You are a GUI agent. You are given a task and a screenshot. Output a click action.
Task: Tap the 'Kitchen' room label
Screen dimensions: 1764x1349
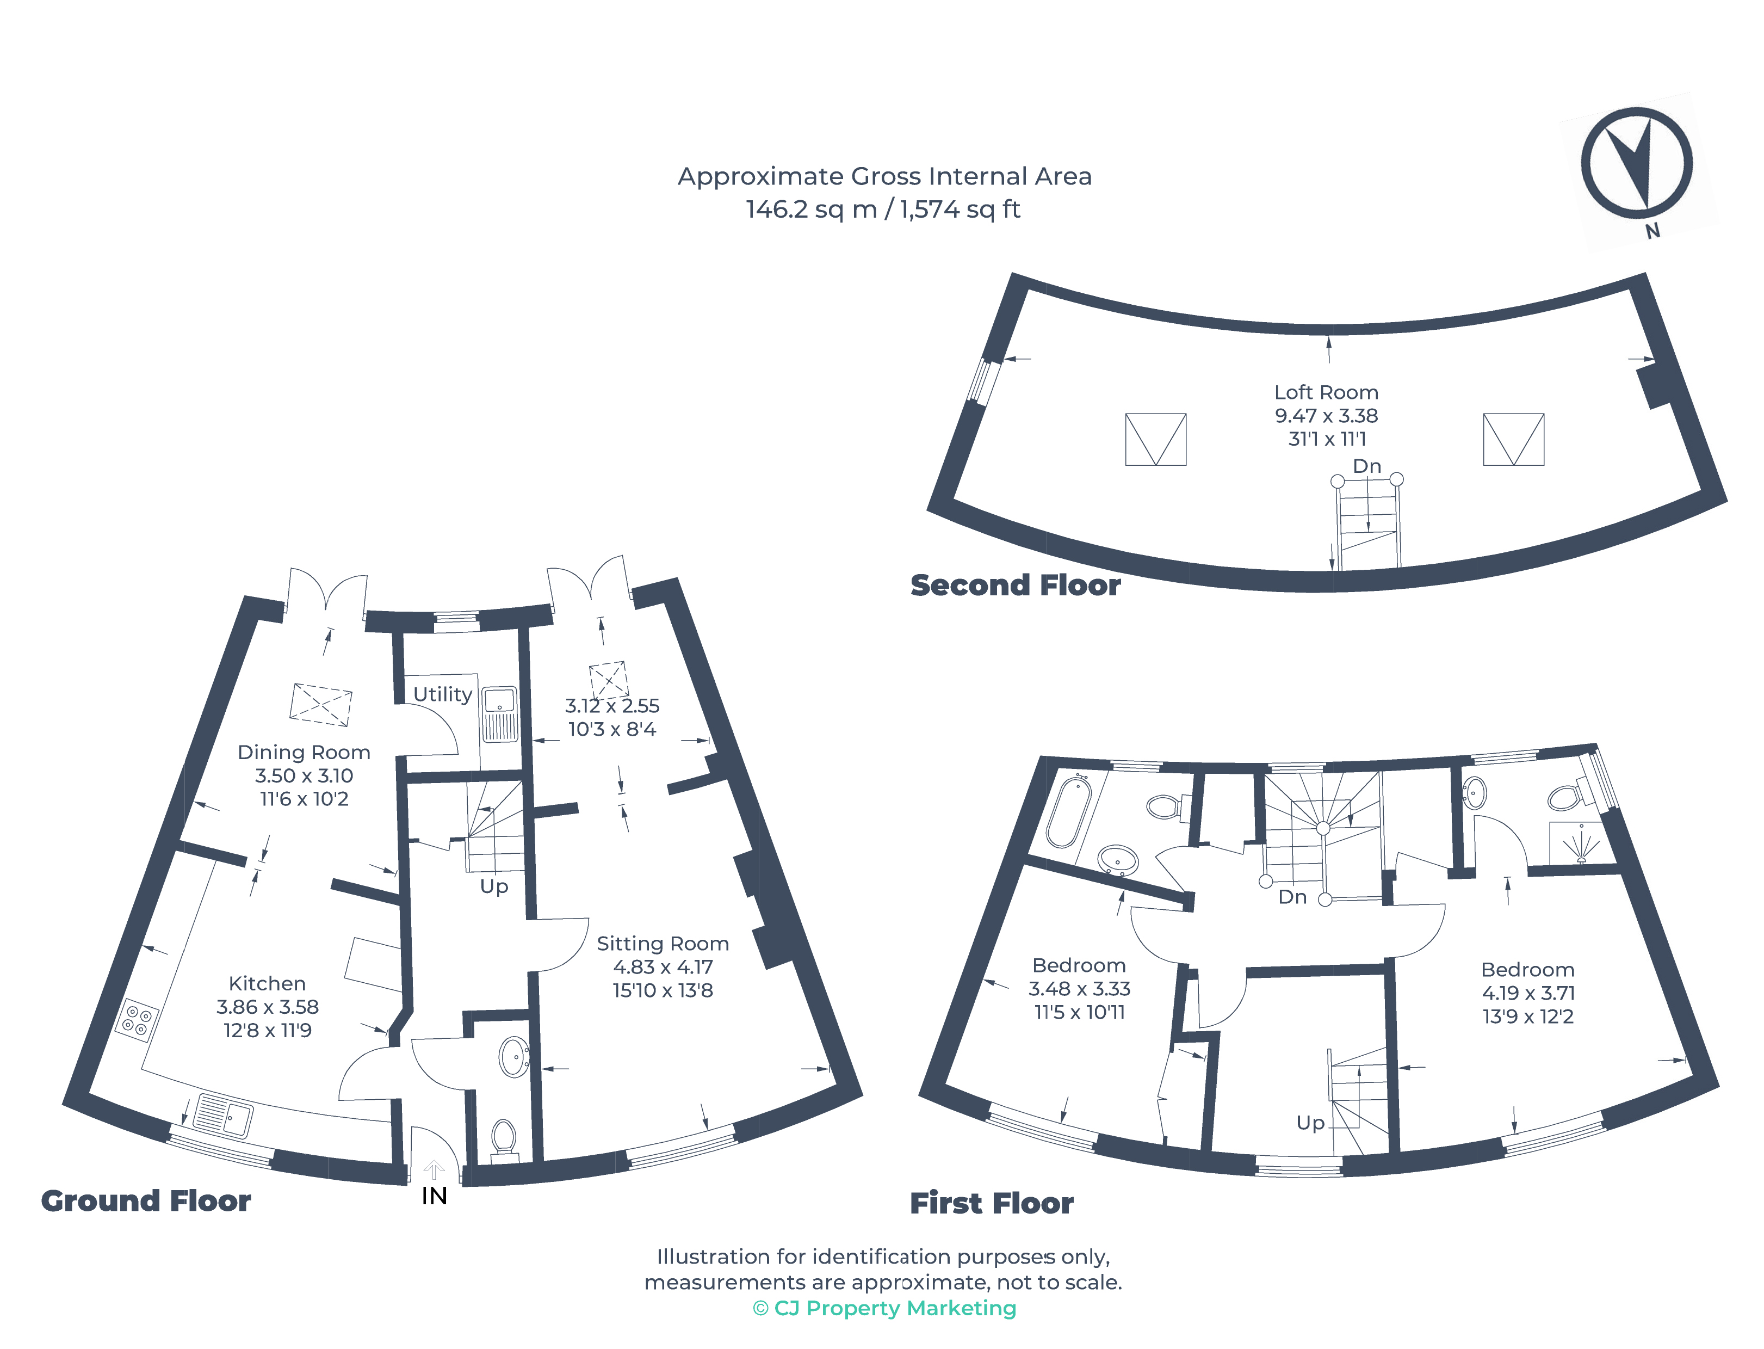[x=267, y=984]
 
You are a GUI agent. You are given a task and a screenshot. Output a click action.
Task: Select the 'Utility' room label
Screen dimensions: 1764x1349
[x=442, y=694]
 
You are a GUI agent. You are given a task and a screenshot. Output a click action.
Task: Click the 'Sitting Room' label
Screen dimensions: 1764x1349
[x=663, y=944]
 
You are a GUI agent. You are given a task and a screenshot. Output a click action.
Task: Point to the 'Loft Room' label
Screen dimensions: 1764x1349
[x=1327, y=393]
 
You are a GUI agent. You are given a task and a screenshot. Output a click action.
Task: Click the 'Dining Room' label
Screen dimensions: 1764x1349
[x=304, y=753]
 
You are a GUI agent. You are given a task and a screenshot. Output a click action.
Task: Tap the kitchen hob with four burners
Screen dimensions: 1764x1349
[x=137, y=1020]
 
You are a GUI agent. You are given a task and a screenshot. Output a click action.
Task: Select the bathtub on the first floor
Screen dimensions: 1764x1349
[x=1068, y=811]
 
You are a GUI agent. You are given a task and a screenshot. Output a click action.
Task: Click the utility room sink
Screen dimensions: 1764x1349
[x=500, y=714]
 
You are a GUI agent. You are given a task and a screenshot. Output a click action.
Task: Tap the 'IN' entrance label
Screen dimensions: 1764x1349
[x=434, y=1197]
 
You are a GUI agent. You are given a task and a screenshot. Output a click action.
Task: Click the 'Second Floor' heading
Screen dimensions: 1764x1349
[x=1015, y=586]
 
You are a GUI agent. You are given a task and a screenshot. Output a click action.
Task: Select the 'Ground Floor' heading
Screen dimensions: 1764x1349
[x=146, y=1201]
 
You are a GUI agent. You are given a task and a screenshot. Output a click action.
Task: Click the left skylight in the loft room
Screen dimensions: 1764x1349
[x=1156, y=439]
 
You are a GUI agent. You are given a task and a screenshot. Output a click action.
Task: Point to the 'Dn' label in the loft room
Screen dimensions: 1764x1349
[x=1367, y=466]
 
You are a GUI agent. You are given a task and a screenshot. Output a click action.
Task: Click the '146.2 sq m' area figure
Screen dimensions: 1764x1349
[x=812, y=210]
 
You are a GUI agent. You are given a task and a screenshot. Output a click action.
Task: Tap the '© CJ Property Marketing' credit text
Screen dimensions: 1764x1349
[x=884, y=1308]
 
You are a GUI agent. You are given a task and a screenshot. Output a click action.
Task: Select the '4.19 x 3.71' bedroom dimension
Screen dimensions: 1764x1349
[x=1528, y=993]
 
